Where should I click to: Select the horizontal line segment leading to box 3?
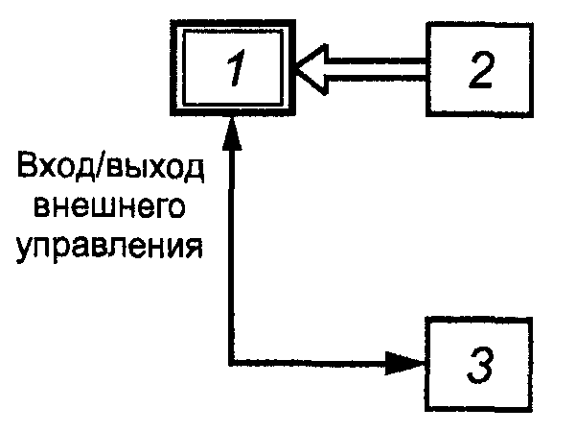[316, 363]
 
